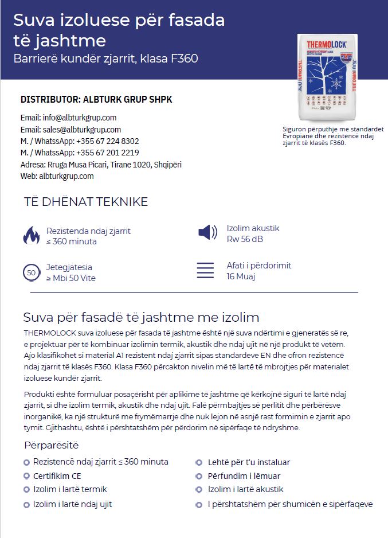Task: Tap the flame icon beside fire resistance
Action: (31, 236)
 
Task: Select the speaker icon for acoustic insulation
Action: (207, 232)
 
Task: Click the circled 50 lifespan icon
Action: (31, 272)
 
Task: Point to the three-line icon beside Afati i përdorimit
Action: (205, 270)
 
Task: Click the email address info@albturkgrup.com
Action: (80, 118)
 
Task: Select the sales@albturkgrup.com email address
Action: (82, 130)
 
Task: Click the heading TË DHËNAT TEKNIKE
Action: (86, 202)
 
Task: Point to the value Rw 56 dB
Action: (245, 239)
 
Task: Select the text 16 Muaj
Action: (241, 276)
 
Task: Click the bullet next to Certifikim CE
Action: (26, 476)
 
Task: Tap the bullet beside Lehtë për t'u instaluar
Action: (199, 462)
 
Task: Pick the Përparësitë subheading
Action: (52, 445)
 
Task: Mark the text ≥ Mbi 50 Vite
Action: (71, 278)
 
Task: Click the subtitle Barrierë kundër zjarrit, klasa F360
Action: (106, 59)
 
